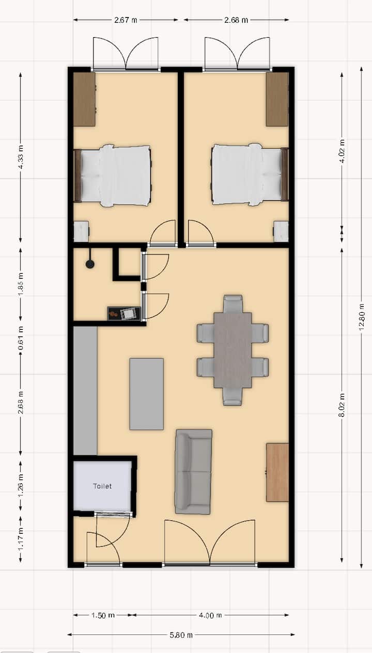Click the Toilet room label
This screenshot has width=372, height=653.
pyautogui.click(x=102, y=486)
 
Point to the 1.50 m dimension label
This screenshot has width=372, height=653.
pyautogui.click(x=103, y=615)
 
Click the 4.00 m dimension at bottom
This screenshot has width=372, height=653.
pyautogui.click(x=211, y=615)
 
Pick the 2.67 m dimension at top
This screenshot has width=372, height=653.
pyautogui.click(x=126, y=20)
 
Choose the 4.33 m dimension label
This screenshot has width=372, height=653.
pyautogui.click(x=21, y=158)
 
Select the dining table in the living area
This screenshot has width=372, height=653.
pyautogui.click(x=233, y=350)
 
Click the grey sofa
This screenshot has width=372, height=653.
pyautogui.click(x=193, y=471)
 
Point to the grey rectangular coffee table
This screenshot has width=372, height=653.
pyautogui.click(x=146, y=394)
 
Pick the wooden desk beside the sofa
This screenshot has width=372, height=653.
pyautogui.click(x=277, y=472)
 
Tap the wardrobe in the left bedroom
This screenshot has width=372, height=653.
pyautogui.click(x=84, y=99)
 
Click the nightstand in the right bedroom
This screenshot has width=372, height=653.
pyautogui.click(x=281, y=231)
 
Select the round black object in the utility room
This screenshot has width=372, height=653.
pyautogui.click(x=90, y=264)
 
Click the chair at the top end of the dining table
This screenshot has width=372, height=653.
pyautogui.click(x=233, y=304)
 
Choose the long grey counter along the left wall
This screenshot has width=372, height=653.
pyautogui.click(x=85, y=391)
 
